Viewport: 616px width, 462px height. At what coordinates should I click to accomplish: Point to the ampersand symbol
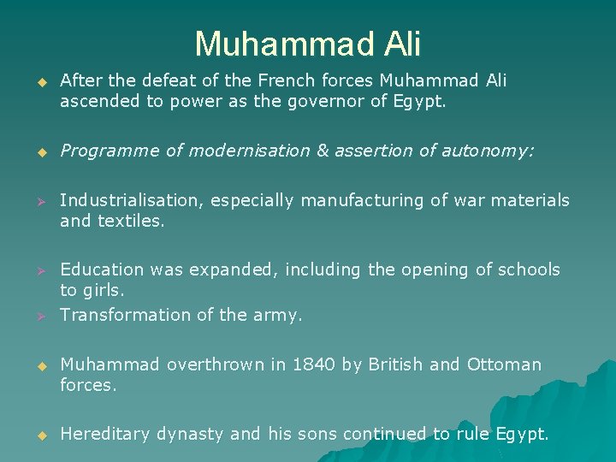tap(323, 151)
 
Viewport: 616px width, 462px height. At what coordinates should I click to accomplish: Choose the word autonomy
tap(488, 151)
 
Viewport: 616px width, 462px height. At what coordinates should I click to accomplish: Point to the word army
tap(278, 316)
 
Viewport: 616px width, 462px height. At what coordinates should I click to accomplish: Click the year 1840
tap(314, 364)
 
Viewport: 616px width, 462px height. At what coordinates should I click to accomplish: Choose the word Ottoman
tap(504, 364)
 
